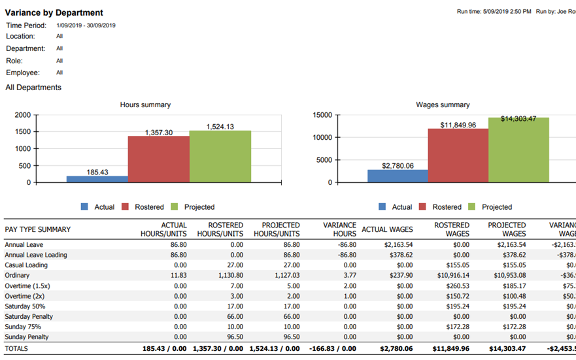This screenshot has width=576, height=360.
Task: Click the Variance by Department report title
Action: tap(54, 12)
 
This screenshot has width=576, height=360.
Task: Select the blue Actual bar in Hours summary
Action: tap(97, 180)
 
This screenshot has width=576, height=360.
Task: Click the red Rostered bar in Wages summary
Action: tap(458, 155)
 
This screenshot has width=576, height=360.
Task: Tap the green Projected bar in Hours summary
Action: tap(220, 157)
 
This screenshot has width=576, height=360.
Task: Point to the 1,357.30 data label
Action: tap(158, 132)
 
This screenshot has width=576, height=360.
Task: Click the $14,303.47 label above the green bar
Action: tap(518, 118)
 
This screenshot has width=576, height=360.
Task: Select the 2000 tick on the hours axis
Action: tap(22, 115)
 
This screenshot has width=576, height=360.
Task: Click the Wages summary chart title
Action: tap(443, 105)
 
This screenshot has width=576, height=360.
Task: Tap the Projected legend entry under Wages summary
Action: tap(496, 207)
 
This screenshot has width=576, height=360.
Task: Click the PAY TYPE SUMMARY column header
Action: tap(38, 229)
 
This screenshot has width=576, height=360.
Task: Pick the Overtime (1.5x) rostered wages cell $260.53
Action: tap(456, 286)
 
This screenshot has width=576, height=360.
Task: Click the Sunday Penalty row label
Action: tap(27, 337)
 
